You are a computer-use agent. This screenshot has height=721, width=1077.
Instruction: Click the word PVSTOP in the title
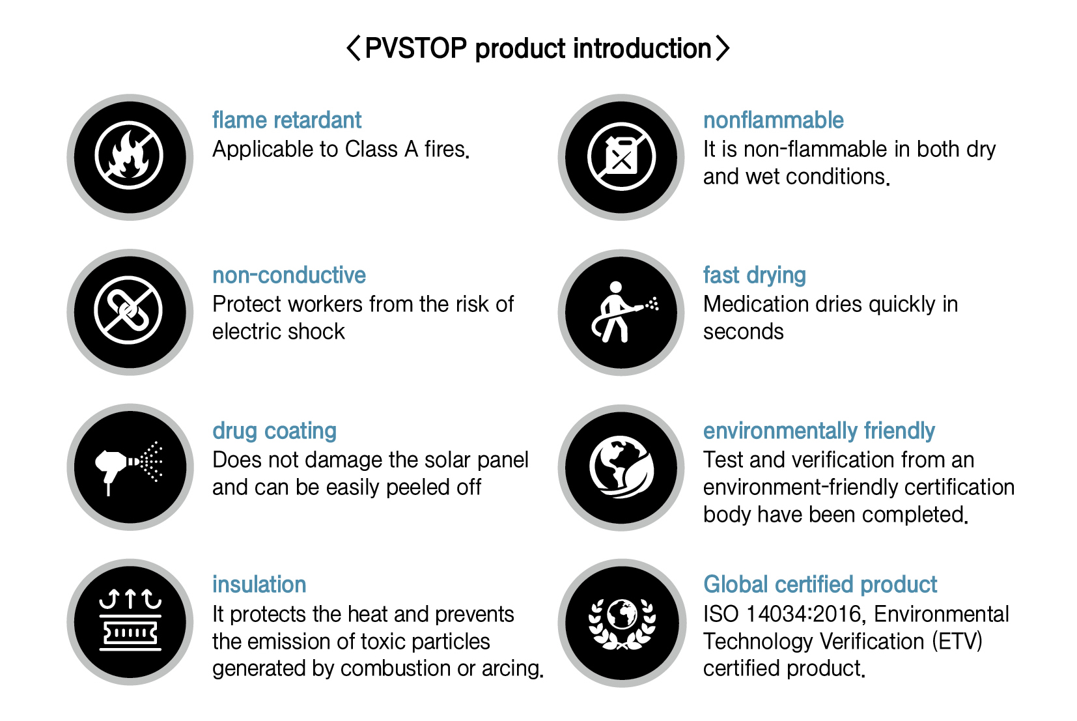coord(415,49)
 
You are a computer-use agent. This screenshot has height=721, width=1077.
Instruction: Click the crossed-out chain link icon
coord(129,310)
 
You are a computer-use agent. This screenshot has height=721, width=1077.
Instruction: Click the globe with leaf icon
coord(621,467)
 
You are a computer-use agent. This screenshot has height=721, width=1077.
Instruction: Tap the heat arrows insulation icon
coord(130,621)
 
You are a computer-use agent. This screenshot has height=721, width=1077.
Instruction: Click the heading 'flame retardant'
coord(287,120)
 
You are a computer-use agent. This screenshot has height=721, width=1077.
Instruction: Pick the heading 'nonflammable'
coord(773,120)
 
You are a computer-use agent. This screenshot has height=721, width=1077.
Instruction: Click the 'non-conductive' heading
coord(289,275)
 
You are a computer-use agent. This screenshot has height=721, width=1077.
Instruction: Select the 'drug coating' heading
coord(274,431)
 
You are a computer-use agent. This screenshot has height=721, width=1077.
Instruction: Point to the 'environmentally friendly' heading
coord(818,431)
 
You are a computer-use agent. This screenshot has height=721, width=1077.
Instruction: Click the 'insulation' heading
coord(259,585)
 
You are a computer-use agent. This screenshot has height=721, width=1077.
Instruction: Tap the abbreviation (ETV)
coord(957,642)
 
